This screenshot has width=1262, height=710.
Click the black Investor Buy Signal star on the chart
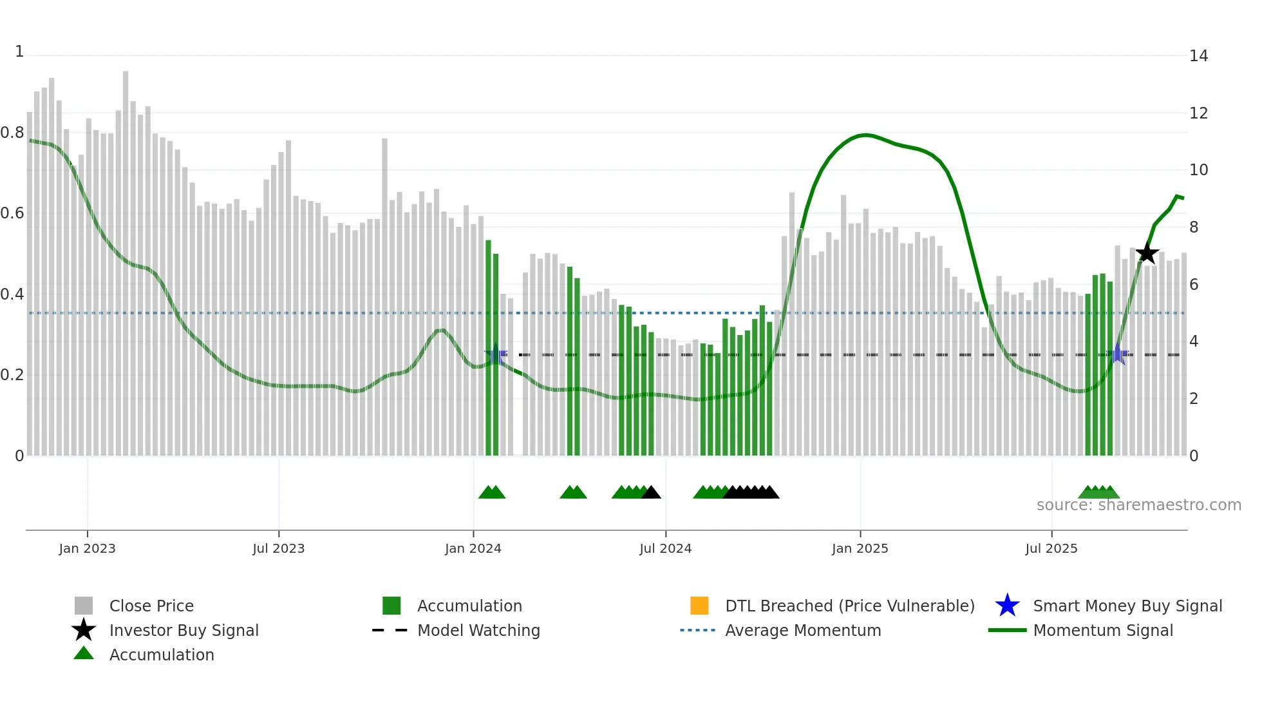(x=1147, y=253)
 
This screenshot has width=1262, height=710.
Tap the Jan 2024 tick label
(x=473, y=549)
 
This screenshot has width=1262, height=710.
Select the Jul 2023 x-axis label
(x=278, y=549)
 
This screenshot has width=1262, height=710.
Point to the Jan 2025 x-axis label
(x=860, y=549)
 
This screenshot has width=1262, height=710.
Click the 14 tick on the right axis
(x=1198, y=56)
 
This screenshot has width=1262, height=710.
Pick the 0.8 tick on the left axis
(x=12, y=133)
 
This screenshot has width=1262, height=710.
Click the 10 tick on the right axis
(x=1198, y=170)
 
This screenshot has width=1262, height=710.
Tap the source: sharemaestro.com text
(x=1138, y=505)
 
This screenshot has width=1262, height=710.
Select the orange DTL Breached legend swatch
(x=699, y=606)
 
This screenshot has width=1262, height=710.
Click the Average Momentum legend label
(x=802, y=631)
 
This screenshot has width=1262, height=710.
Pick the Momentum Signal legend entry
(x=1102, y=631)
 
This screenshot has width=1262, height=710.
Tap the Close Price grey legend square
(x=84, y=606)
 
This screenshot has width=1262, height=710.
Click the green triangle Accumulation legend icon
(x=84, y=653)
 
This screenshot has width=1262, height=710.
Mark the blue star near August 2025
(x=1118, y=354)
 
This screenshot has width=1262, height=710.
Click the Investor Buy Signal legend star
(x=84, y=630)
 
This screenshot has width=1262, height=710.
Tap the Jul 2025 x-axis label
(x=1051, y=549)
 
